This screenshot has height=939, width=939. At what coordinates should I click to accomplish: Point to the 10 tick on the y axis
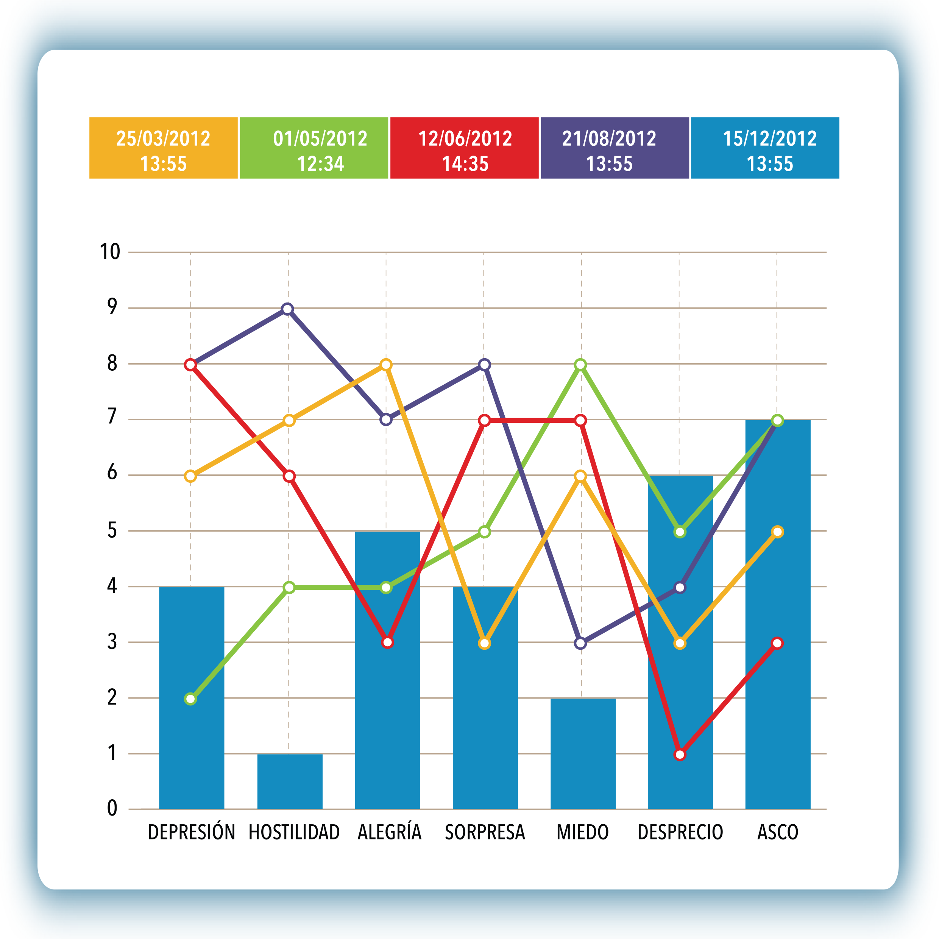110,252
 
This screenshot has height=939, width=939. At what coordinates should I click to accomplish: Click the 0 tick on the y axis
112,808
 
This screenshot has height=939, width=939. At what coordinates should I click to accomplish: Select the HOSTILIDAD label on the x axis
294,832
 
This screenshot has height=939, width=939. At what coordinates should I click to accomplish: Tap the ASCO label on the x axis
778,832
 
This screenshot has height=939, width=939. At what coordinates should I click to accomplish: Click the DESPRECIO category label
680,832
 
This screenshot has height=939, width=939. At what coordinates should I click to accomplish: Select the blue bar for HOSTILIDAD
290,781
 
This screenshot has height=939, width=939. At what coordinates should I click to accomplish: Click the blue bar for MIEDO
583,753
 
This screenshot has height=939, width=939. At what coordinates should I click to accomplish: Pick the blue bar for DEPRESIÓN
192,698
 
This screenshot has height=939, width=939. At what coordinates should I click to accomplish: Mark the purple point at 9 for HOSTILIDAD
288,309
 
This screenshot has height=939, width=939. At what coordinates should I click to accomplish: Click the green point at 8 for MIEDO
580,365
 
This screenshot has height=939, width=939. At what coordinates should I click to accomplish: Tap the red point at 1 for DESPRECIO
680,755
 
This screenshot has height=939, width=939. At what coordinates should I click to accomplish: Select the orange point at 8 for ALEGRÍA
386,365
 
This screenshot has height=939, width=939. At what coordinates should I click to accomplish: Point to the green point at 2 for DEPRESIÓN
190,699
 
